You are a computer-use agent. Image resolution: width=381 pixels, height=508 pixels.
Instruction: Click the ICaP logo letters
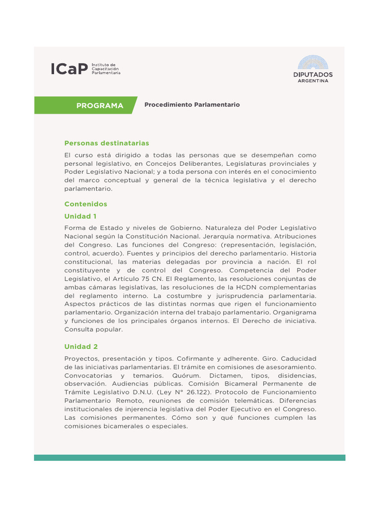[x=69, y=69]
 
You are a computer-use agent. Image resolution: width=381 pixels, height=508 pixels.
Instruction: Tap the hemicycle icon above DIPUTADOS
[x=313, y=62]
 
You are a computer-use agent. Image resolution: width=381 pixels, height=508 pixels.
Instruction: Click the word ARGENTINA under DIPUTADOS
[x=313, y=81]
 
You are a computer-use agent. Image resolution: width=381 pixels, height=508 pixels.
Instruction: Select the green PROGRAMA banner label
[x=100, y=106]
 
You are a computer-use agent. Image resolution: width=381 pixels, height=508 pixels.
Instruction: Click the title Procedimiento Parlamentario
[x=192, y=105]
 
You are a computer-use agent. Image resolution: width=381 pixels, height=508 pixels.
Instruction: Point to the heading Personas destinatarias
[x=107, y=143]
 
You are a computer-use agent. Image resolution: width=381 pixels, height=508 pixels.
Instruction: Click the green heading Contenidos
[x=86, y=204]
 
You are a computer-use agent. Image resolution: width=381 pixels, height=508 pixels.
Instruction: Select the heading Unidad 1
[x=80, y=216]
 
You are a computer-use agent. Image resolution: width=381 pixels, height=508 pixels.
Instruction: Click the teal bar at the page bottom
[x=190, y=457]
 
